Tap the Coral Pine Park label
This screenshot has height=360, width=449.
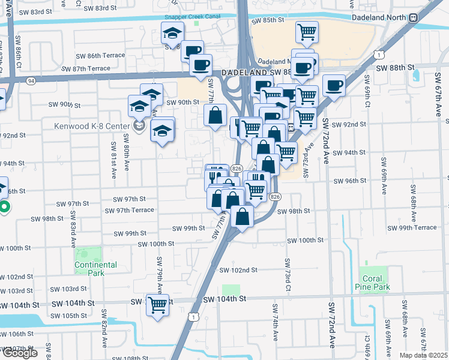pos(376,283)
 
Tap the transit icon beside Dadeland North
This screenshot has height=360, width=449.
pos(414,17)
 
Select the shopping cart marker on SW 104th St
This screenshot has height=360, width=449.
pos(158,305)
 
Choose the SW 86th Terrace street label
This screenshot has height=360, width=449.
pos(100,55)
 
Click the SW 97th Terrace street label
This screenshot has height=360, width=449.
pos(129,210)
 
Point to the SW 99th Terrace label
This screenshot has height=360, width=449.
pos(412,228)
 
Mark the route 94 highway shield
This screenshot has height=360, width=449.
pos(30,80)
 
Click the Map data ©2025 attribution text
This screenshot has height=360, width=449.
pos(423,355)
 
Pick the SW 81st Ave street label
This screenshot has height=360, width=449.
pos(113,156)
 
